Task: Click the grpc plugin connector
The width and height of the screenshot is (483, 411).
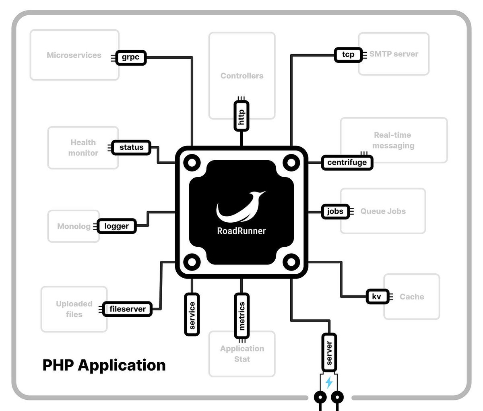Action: (x=130, y=58)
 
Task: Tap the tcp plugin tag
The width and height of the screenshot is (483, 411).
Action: (x=348, y=54)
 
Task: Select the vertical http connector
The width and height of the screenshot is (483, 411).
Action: (x=242, y=116)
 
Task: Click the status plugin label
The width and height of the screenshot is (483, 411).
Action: (x=131, y=147)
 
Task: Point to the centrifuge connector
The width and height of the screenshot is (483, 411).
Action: (x=347, y=163)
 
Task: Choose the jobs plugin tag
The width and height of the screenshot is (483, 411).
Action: (x=335, y=211)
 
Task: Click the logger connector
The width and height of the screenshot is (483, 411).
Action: (x=116, y=226)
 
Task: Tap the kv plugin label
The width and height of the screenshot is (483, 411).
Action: (x=376, y=297)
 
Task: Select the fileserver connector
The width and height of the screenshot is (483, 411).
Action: (x=127, y=309)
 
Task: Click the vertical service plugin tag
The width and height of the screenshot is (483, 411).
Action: (x=192, y=315)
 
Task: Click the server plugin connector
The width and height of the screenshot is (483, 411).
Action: (x=329, y=353)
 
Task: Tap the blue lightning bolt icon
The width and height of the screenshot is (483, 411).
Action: (x=329, y=382)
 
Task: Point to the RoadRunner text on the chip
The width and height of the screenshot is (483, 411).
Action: (x=241, y=231)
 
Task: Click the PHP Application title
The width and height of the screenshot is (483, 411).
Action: (x=104, y=366)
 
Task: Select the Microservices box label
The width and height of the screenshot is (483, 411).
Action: (x=74, y=55)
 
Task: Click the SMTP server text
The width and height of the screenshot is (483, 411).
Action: (x=394, y=54)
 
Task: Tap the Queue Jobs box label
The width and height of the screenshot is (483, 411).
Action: (x=383, y=211)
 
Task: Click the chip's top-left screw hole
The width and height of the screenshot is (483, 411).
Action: (x=192, y=163)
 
